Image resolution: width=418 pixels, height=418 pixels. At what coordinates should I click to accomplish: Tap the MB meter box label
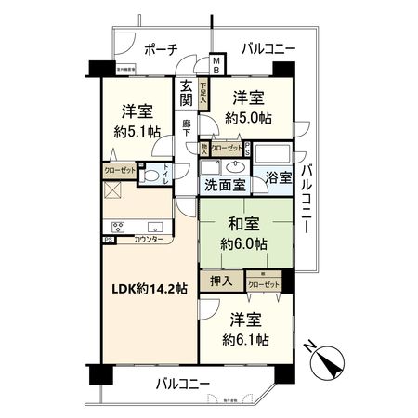(x=216, y=66)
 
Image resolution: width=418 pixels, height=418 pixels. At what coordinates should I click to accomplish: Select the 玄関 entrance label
(x=188, y=95)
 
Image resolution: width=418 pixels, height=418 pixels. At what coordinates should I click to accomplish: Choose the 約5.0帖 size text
(x=248, y=118)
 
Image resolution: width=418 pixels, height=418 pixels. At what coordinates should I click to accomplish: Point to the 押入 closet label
(x=221, y=280)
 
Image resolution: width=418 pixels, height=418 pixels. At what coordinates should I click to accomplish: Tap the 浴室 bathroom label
(x=277, y=177)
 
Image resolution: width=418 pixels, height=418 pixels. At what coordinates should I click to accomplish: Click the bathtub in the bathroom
(x=273, y=154)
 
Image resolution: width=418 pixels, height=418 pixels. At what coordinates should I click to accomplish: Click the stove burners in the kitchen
(x=120, y=227)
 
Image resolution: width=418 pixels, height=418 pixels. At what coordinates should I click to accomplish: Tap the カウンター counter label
(x=149, y=241)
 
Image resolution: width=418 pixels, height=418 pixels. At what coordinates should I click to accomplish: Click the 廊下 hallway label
(x=186, y=121)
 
